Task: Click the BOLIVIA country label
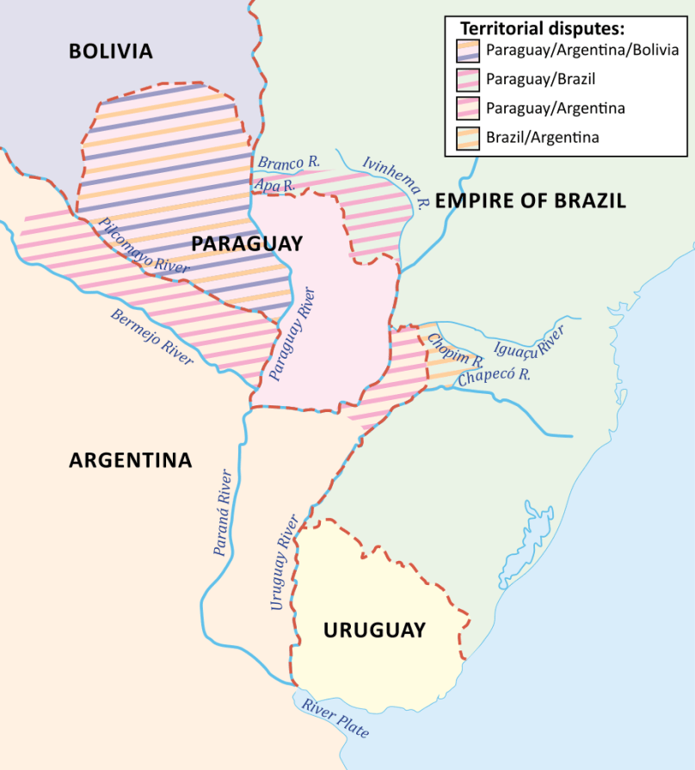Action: pos(111,52)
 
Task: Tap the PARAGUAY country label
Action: pos(247,244)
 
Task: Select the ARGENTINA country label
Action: pos(130,460)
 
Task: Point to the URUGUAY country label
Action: pos(374,631)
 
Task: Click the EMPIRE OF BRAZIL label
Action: pos(530,202)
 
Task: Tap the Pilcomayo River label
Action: pos(144,245)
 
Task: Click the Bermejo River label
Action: pos(151,336)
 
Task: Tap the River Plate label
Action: pos(335,718)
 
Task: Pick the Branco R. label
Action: pos(288,162)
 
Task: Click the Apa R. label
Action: pos(274,184)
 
